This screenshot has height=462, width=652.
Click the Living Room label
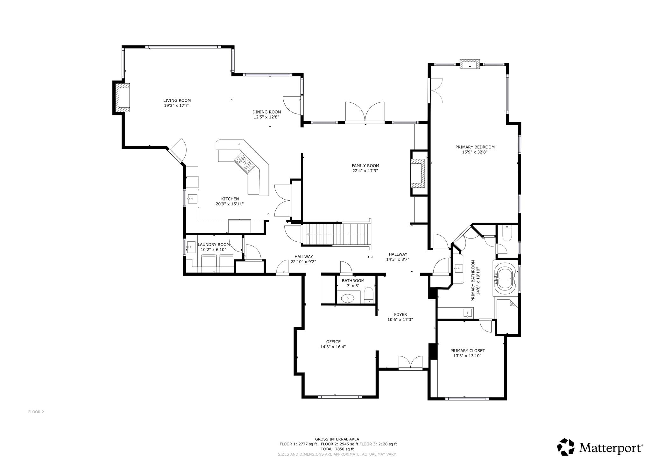click(x=177, y=100)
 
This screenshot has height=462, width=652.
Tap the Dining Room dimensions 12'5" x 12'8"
click(x=266, y=117)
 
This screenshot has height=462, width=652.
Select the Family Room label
click(x=365, y=165)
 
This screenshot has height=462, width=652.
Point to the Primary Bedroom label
click(x=475, y=147)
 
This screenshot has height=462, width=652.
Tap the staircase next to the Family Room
click(x=336, y=234)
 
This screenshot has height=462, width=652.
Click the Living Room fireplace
click(x=122, y=98)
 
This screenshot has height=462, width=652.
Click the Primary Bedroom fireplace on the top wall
click(x=470, y=64)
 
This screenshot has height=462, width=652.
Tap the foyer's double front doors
click(x=411, y=363)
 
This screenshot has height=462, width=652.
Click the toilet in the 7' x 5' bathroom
click(x=369, y=295)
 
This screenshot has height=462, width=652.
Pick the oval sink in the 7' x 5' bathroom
click(x=348, y=299)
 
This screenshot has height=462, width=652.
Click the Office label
click(x=333, y=342)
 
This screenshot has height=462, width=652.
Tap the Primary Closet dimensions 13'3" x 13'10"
click(x=467, y=356)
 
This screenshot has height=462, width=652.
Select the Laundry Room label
click(x=214, y=245)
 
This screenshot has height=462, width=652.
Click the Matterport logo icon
click(x=566, y=447)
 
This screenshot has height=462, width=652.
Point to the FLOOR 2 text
click(x=36, y=412)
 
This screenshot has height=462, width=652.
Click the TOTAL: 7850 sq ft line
click(x=337, y=449)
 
